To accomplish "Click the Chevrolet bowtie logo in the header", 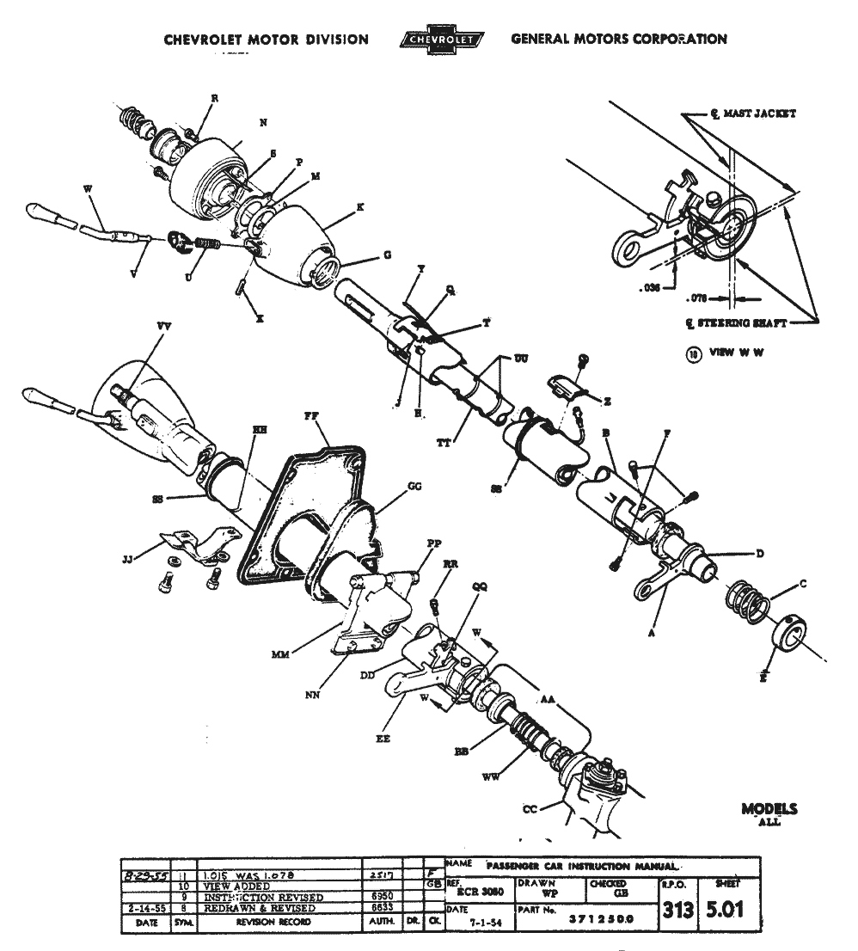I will [441, 40].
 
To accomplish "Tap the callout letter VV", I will [162, 327].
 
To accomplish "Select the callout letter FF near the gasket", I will [311, 415].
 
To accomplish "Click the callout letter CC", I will [530, 809].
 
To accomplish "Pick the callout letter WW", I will [491, 779].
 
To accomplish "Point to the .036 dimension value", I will [651, 291].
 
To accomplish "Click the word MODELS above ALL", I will [769, 809].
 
